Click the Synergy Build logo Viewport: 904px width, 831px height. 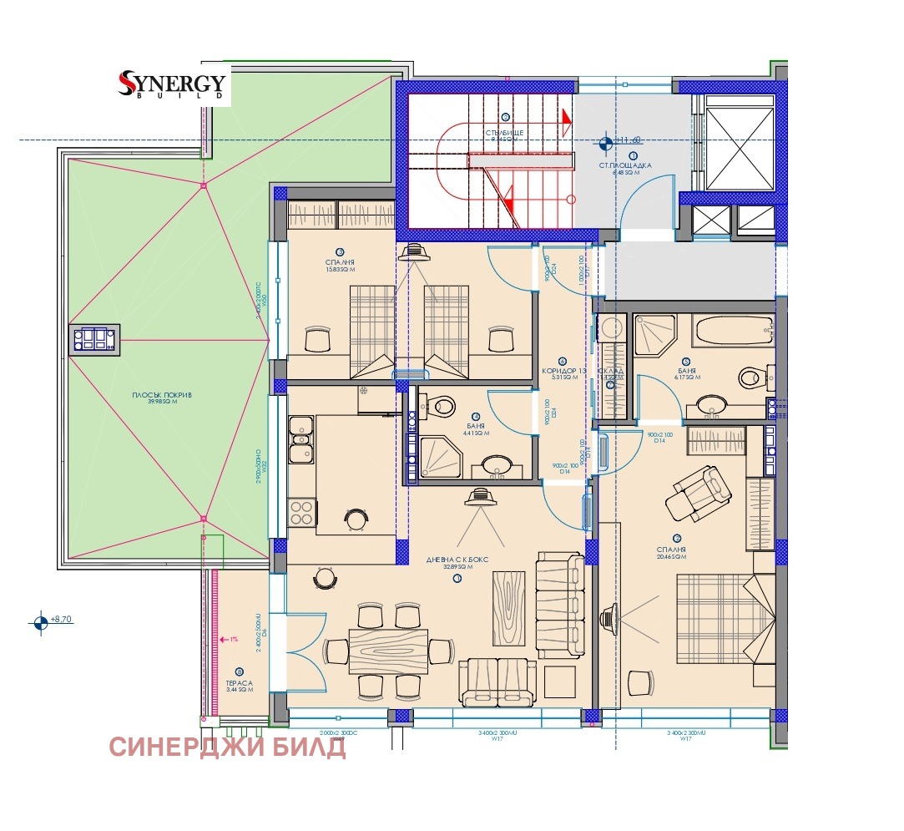(x=173, y=84)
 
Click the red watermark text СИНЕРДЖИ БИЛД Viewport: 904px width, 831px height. (x=227, y=747)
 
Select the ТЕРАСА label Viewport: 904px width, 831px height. (x=239, y=683)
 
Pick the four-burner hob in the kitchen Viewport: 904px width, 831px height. (x=300, y=511)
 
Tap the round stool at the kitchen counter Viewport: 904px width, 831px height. (x=356, y=519)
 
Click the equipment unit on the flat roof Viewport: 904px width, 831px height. (x=94, y=340)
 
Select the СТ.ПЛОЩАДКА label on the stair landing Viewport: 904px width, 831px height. (x=624, y=165)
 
